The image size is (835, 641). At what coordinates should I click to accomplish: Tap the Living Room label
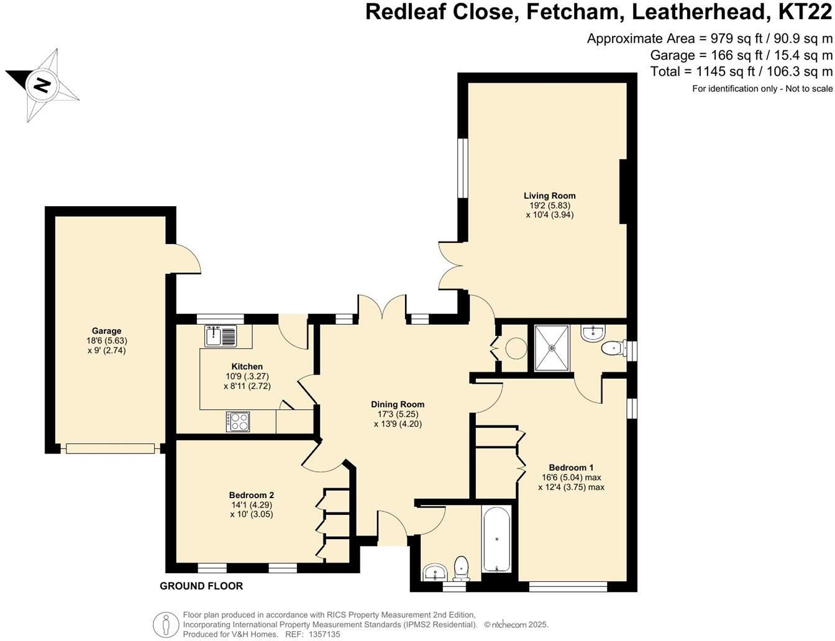549,196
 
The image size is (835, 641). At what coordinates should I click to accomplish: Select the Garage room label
107,331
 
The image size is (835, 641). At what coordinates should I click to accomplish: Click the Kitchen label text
247,366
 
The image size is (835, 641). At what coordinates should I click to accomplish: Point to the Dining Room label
398,404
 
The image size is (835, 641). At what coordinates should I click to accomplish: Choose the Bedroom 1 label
571,468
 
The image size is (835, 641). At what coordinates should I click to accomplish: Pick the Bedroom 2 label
251,495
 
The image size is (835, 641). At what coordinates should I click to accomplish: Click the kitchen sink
221,336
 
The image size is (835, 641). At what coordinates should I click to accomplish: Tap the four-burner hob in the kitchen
238,422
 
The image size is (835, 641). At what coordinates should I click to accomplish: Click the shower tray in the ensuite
552,348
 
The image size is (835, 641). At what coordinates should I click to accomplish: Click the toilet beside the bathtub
461,566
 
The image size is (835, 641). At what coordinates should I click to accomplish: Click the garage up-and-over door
110,448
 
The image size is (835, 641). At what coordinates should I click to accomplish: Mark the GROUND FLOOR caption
201,586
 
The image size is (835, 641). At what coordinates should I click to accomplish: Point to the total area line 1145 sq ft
741,71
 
